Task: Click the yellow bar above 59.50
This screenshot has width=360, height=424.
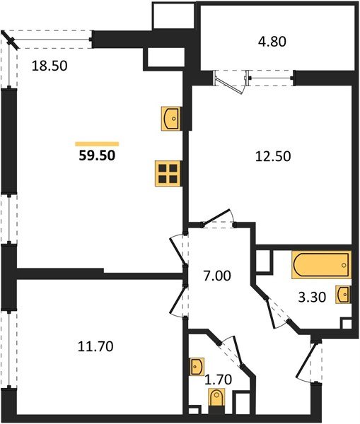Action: click(x=96, y=143)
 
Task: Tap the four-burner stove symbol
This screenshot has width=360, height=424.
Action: click(x=168, y=173)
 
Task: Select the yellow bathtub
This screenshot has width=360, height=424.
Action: click(x=320, y=267)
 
